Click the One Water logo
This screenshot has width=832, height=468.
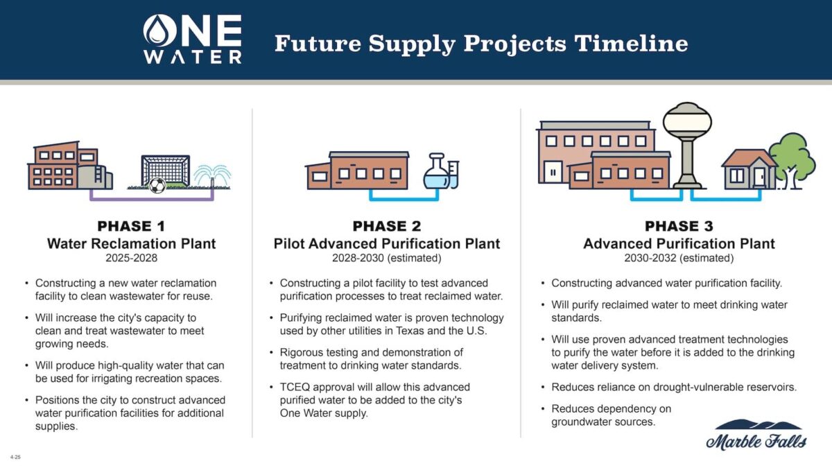coord(192,40)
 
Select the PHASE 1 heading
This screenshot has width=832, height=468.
coord(131,226)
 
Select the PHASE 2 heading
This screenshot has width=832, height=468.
coord(386,226)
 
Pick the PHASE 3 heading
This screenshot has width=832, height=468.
coord(679,226)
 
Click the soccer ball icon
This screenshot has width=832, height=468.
coord(157,185)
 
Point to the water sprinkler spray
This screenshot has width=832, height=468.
coord(212,175)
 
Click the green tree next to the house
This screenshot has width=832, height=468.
coord(792,159)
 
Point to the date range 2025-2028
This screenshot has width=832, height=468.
coord(131,258)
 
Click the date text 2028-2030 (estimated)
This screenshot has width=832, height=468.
coord(386,258)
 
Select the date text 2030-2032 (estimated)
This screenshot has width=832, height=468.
coord(679,258)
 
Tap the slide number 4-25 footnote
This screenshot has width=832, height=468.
coord(15,457)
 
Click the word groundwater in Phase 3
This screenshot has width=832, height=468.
coord(584,422)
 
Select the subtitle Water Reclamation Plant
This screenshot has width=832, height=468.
coord(131,243)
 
